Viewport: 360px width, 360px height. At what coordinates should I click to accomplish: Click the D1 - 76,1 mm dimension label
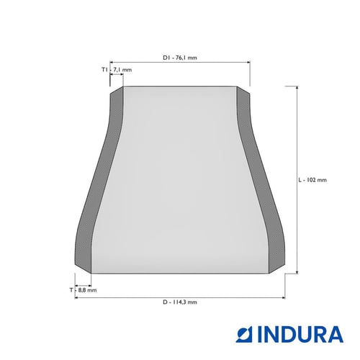click(x=180, y=58)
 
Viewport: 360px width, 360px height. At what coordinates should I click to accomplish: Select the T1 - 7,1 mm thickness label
click(x=117, y=70)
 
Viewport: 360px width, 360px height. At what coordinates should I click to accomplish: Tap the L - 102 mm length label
click(x=312, y=180)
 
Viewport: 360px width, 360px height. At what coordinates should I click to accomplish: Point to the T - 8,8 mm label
click(x=83, y=290)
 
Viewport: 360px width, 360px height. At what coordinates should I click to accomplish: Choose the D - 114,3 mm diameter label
click(x=180, y=302)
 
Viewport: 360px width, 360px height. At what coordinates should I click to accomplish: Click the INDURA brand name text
click(x=300, y=334)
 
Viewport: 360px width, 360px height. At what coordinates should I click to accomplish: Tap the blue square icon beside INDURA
click(x=245, y=334)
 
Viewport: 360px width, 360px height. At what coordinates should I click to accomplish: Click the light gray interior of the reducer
click(x=180, y=180)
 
